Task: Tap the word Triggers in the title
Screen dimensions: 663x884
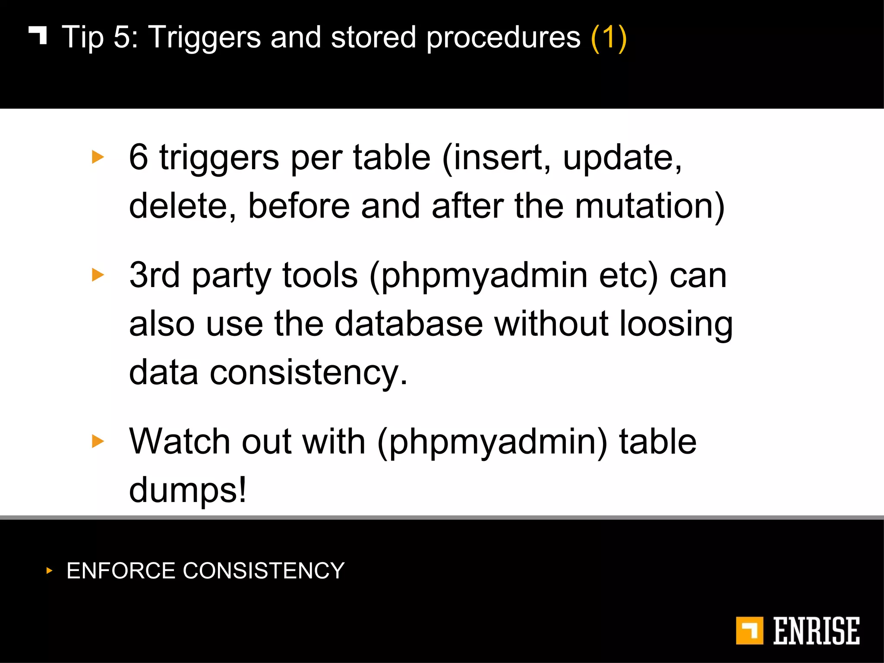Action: point(205,38)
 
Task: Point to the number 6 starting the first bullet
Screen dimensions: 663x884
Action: point(139,157)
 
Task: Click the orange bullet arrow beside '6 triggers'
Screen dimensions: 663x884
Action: point(98,157)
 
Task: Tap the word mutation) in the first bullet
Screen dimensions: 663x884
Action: point(650,206)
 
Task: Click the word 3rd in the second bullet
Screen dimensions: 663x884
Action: point(155,275)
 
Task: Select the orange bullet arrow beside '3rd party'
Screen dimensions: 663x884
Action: point(98,275)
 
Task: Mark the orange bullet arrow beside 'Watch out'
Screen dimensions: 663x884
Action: point(98,441)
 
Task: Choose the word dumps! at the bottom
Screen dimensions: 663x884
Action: point(188,490)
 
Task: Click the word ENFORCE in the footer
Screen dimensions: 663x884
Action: point(121,571)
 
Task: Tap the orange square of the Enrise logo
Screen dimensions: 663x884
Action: point(749,631)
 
